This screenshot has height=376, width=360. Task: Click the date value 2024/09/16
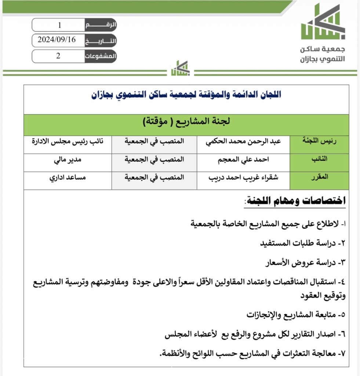coord(57,40)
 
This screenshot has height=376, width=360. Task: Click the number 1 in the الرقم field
coord(59,25)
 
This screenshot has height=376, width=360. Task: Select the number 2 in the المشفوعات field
coord(58,56)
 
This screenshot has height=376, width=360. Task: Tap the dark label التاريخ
coord(101,40)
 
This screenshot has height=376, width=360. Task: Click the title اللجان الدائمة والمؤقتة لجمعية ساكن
coord(186,95)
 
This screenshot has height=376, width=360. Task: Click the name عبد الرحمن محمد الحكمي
coord(244,141)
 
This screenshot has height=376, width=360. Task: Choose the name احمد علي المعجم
coord(244,159)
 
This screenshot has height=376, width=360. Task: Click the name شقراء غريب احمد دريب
coord(244,177)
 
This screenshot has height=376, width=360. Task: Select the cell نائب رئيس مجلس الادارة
coord(68,141)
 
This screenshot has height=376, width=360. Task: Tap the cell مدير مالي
coord(68,159)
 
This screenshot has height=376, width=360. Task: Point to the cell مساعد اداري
coord(68,177)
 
